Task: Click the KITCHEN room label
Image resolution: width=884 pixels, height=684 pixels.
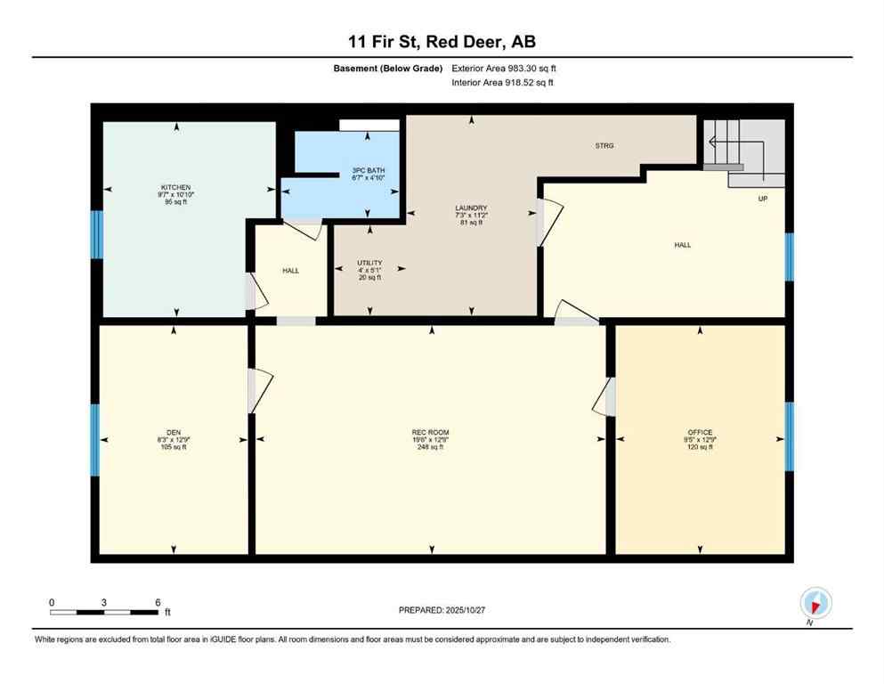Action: (x=175, y=187)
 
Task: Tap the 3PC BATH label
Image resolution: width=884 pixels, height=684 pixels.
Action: (x=369, y=170)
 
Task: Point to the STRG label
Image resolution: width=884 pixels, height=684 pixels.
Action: (x=604, y=145)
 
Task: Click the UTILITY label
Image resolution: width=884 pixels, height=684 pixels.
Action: (x=369, y=263)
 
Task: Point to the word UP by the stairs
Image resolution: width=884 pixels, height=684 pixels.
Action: (x=763, y=199)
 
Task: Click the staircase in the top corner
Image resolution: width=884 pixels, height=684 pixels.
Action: (x=743, y=147)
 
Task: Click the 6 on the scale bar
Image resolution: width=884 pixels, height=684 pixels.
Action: (x=158, y=602)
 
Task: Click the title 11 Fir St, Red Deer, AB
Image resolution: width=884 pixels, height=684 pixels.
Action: (x=442, y=42)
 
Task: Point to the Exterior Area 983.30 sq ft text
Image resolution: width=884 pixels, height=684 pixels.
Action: (x=505, y=69)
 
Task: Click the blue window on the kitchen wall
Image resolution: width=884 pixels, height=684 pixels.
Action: (x=96, y=234)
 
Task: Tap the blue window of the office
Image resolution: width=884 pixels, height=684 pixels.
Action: (x=789, y=436)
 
